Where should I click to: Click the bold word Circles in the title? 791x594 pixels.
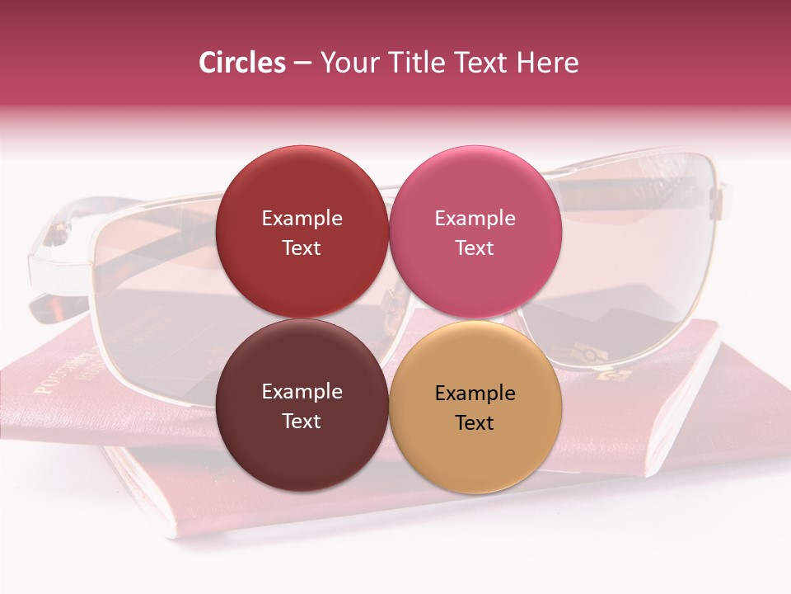(241, 63)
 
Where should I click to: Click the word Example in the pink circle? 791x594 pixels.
(475, 219)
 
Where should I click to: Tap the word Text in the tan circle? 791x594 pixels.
(475, 423)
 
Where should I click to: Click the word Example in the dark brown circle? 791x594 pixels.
(302, 392)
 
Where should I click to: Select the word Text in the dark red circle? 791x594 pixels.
(302, 248)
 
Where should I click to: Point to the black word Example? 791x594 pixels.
(475, 394)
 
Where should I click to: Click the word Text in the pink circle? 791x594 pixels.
(475, 248)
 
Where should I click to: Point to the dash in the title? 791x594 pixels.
(302, 64)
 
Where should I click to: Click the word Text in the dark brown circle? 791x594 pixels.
(302, 422)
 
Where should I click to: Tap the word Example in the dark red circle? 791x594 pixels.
(302, 219)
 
